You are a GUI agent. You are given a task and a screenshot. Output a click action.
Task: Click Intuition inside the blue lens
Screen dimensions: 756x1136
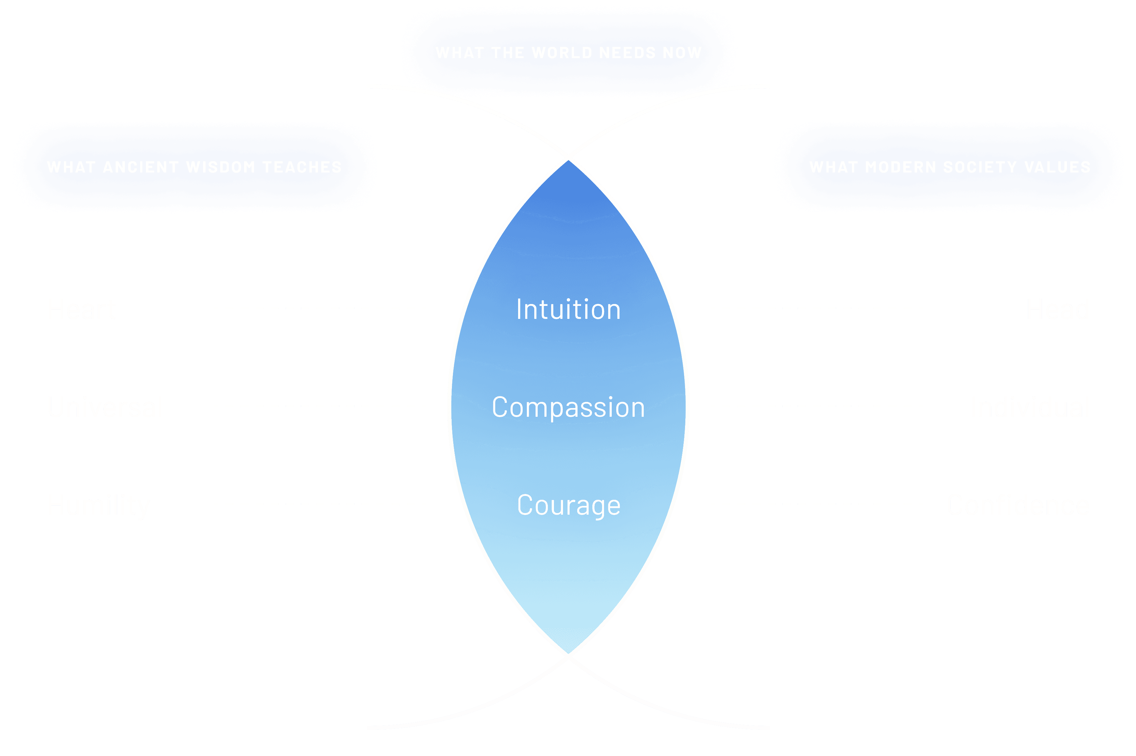568,309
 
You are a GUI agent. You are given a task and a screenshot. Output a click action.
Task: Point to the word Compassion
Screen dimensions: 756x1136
568,407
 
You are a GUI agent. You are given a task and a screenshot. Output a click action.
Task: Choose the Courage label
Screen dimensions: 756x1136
568,505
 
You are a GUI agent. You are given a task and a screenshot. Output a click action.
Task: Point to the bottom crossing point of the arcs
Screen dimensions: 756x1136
568,656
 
